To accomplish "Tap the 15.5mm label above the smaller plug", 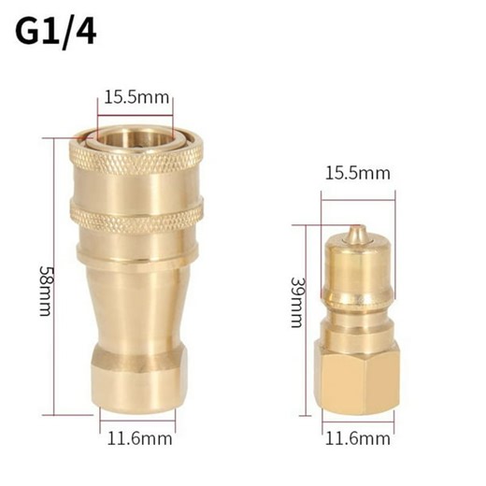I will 358,174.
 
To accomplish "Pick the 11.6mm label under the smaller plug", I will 358,437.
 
